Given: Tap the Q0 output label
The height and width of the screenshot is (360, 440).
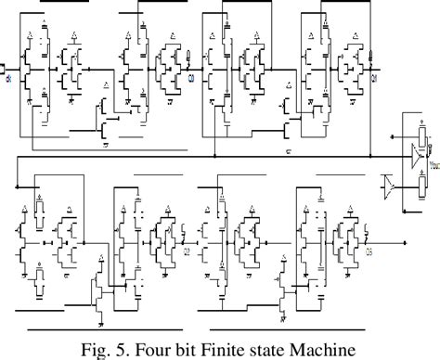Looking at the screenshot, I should pyautogui.click(x=192, y=77).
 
